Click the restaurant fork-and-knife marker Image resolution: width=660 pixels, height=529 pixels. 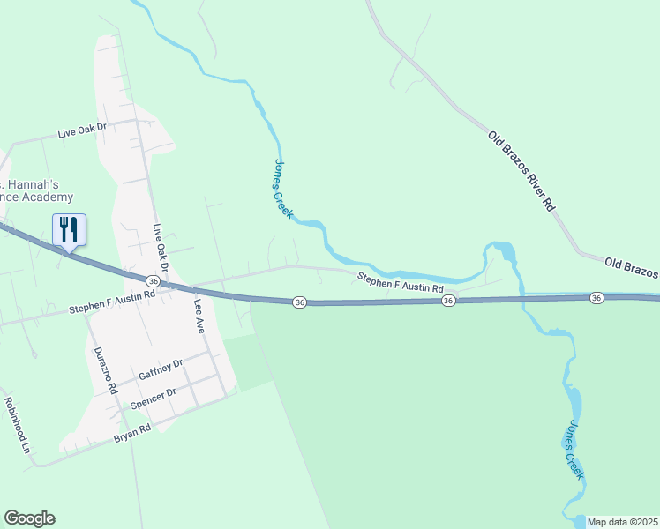[x=69, y=230]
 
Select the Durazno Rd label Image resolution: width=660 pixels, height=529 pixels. [x=105, y=369]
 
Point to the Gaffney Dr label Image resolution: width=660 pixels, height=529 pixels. [x=160, y=369]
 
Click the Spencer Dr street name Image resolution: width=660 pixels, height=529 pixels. [x=154, y=398]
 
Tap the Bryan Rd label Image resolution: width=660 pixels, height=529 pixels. [x=132, y=432]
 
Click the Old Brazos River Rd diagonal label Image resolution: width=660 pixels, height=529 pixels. [x=523, y=171]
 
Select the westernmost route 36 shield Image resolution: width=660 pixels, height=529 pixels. [x=154, y=280]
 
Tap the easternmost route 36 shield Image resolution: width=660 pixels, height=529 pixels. [x=596, y=298]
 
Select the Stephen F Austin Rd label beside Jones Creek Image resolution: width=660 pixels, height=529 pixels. [x=400, y=283]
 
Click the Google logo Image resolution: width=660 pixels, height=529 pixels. [x=29, y=518]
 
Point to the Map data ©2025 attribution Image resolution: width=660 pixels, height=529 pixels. [x=622, y=522]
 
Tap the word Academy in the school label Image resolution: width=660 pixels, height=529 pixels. [x=49, y=197]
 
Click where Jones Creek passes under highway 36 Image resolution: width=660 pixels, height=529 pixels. [x=522, y=300]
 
